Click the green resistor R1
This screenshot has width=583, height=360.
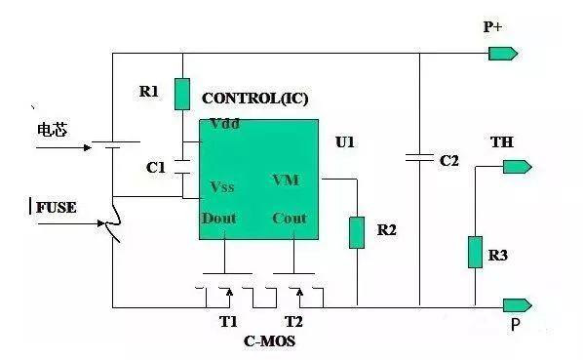click(x=182, y=94)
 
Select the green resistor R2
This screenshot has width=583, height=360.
click(x=357, y=233)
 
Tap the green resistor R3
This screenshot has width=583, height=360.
click(x=475, y=252)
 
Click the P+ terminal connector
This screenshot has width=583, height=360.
click(x=503, y=54)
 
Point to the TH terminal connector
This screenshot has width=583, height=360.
click(x=518, y=167)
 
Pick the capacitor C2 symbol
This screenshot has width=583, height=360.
click(x=419, y=158)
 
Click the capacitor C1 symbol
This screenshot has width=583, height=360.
click(x=182, y=167)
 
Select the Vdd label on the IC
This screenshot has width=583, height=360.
click(x=224, y=124)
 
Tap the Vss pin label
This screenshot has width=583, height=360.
click(x=222, y=186)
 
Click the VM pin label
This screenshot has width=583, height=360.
click(x=286, y=180)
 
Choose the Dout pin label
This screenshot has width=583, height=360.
click(x=219, y=218)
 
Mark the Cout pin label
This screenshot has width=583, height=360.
click(x=290, y=218)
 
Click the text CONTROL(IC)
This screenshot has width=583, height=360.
click(x=255, y=99)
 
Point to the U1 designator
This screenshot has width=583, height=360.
click(x=345, y=142)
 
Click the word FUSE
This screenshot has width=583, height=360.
click(x=57, y=208)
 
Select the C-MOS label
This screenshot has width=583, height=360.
click(x=269, y=341)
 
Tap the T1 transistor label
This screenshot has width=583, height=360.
click(x=228, y=321)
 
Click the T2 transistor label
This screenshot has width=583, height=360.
click(x=293, y=321)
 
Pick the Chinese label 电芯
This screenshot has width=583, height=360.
click(x=53, y=130)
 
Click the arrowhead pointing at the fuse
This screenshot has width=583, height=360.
click(x=100, y=223)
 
